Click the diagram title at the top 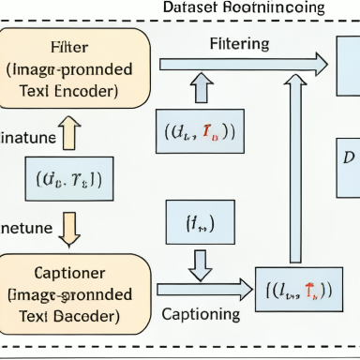[x=244, y=7]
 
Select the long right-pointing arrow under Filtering [x=243, y=64]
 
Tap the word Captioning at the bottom [x=200, y=313]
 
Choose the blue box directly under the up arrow [x=201, y=131]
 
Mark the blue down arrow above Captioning [x=201, y=264]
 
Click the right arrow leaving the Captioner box [x=204, y=291]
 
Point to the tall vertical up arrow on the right [x=295, y=169]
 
